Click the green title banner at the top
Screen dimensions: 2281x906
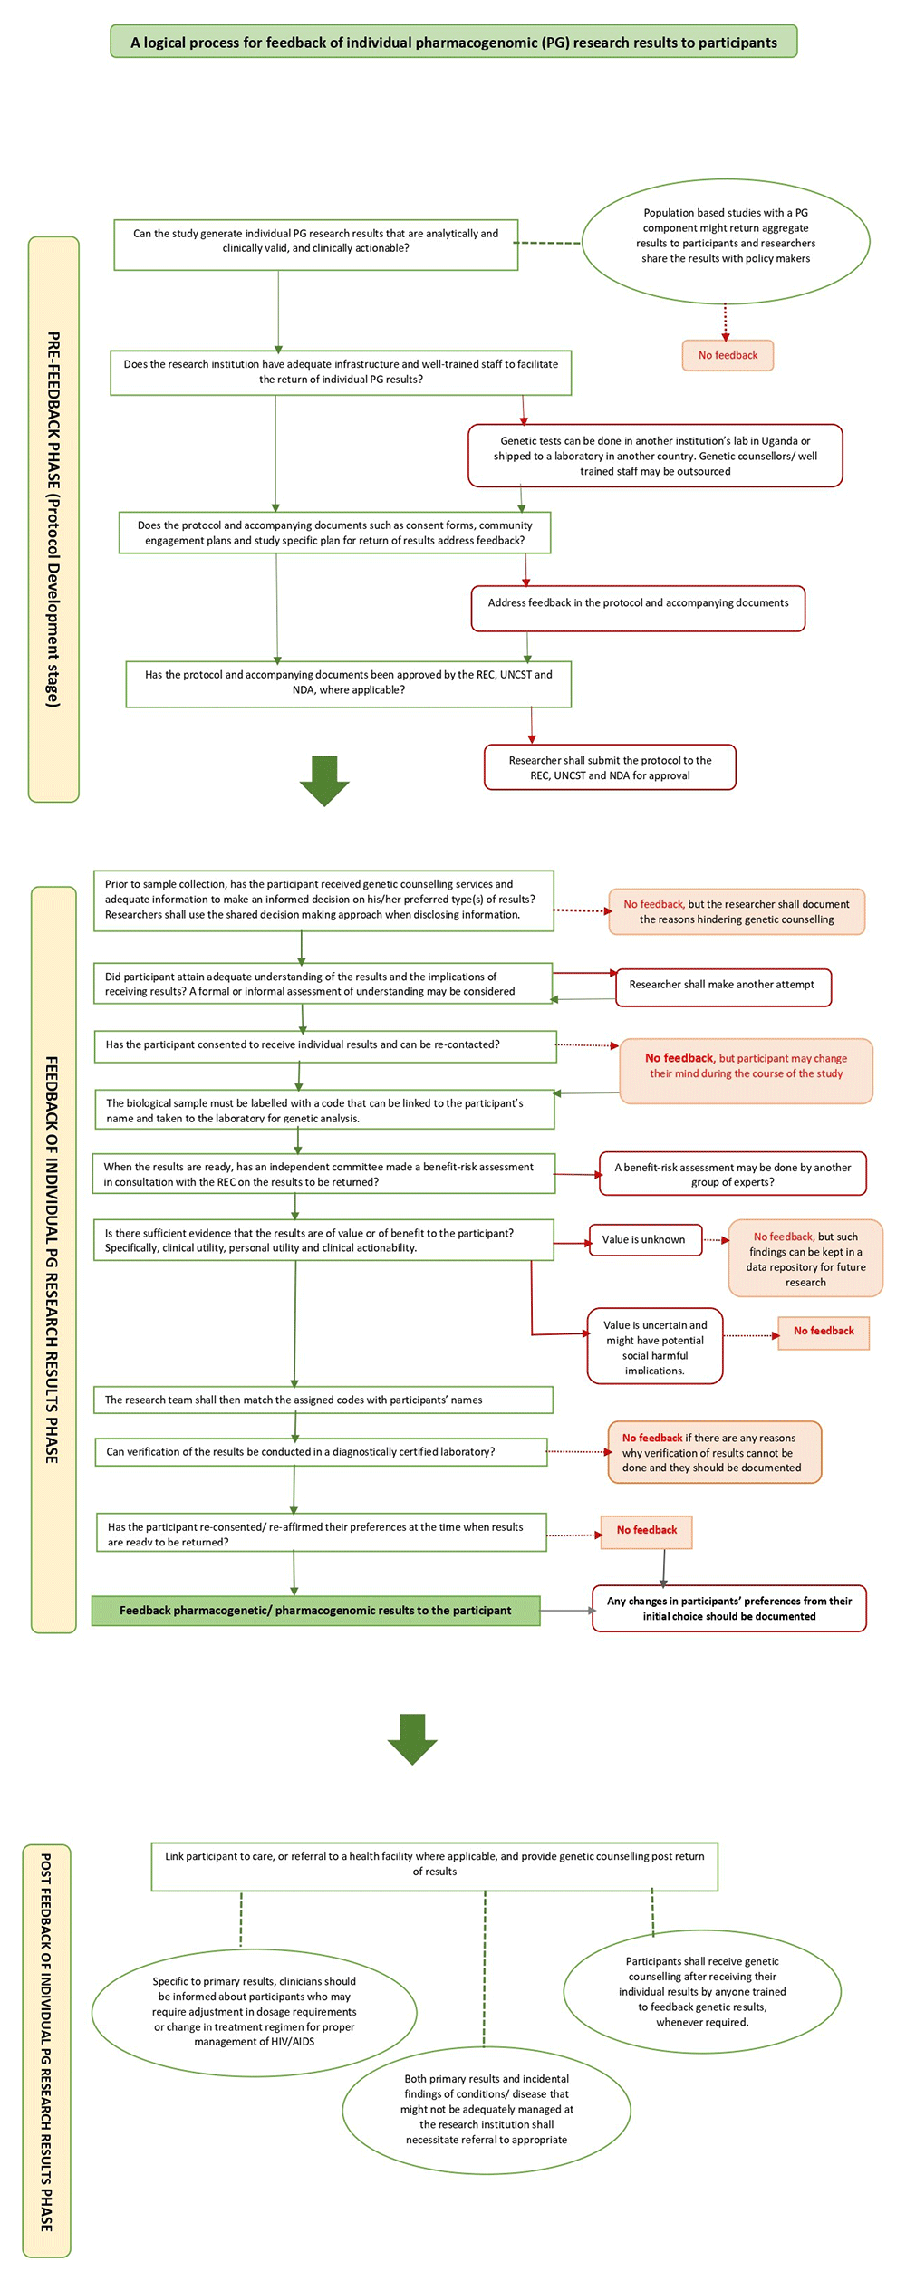[453, 42]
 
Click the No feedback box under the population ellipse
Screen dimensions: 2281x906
[728, 355]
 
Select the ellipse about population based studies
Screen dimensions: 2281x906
[725, 240]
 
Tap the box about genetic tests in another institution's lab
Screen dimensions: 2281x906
[655, 456]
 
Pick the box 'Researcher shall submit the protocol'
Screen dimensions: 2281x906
[610, 767]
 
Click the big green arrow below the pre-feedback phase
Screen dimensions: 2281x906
[324, 780]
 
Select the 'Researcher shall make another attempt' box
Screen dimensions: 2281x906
[722, 986]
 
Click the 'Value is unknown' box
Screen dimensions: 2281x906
[644, 1239]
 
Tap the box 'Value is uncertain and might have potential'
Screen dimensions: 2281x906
[654, 1346]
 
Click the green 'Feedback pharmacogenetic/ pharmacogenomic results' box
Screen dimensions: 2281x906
[315, 1610]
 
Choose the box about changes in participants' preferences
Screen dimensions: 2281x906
[728, 1608]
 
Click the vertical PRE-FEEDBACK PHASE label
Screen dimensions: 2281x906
[53, 518]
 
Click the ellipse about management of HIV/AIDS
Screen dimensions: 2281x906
[255, 2012]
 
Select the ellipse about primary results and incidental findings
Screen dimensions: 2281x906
[487, 2109]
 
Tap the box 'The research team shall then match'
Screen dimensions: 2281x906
[323, 1400]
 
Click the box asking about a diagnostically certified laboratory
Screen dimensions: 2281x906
[321, 1451]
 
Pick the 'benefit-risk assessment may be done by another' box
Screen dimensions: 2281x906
[732, 1174]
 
